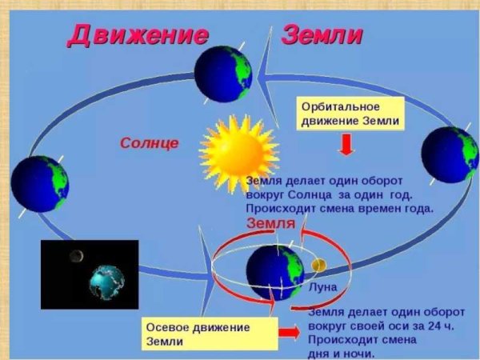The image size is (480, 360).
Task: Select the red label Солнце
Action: [150, 143]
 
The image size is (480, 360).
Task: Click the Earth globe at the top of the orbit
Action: [223, 74]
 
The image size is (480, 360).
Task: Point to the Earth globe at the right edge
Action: [450, 154]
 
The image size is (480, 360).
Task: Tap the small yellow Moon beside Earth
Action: [318, 264]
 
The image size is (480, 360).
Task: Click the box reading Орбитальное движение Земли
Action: [350, 114]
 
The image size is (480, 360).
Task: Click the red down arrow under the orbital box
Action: [346, 145]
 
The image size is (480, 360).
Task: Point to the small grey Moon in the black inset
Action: [77, 256]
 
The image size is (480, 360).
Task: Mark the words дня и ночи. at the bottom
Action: [339, 353]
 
